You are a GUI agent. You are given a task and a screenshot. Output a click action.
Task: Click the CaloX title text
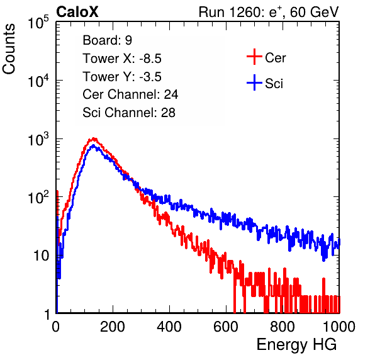click(x=77, y=12)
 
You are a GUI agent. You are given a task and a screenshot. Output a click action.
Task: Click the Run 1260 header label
click(x=269, y=12)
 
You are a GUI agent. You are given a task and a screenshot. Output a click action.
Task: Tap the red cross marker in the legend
click(x=254, y=57)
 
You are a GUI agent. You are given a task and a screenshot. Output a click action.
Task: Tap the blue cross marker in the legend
click(x=254, y=82)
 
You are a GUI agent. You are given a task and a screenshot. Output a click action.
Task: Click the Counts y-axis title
click(x=9, y=49)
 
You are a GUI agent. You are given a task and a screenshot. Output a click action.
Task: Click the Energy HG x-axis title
click(x=296, y=345)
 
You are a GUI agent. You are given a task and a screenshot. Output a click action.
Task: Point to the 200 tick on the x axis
click(x=113, y=327)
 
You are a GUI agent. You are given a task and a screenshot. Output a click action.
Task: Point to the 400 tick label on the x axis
click(x=169, y=327)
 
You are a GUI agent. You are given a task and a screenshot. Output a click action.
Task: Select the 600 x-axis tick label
click(x=226, y=327)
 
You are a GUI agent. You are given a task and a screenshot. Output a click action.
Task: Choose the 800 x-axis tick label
click(x=283, y=327)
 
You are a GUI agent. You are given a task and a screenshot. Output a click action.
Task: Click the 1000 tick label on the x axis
click(x=339, y=327)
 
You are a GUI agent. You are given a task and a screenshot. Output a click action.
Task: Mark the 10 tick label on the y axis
click(x=41, y=256)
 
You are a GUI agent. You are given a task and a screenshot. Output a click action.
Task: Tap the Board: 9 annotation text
click(x=107, y=40)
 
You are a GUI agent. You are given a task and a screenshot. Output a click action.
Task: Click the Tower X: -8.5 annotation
click(x=122, y=59)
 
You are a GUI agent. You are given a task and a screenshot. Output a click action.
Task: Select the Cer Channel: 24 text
click(x=130, y=94)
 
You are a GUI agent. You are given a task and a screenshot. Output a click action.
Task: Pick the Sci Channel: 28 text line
click(x=129, y=113)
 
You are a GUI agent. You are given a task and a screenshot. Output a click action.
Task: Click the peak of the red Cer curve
click(x=94, y=138)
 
